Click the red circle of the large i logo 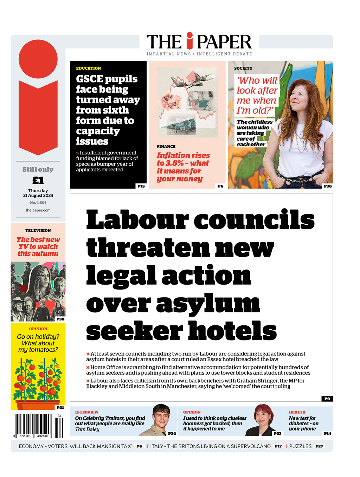point(38,59)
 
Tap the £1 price point(38,180)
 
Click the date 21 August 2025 point(38,196)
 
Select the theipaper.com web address point(38,210)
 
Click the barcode point(39,425)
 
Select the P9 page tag point(327,399)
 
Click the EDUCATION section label point(89,68)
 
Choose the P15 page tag point(141,186)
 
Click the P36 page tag point(328,186)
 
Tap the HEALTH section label point(297,412)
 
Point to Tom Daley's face point(161,416)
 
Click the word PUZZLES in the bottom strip point(300,446)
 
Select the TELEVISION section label point(38,230)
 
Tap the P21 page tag point(60,407)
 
